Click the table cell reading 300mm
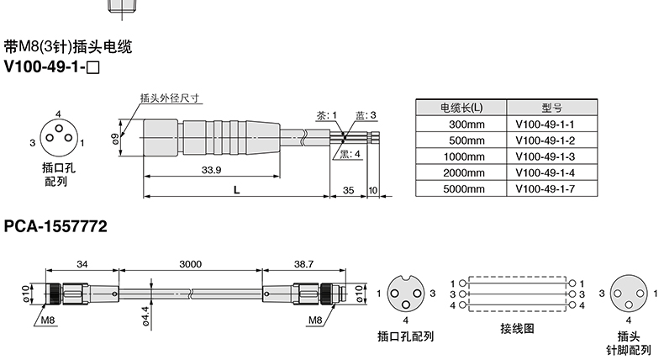[x=461, y=124]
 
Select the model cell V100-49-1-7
[x=551, y=188]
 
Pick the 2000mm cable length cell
[x=461, y=172]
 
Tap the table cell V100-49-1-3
[x=551, y=156]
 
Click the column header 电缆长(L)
[x=461, y=108]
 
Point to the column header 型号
[x=551, y=108]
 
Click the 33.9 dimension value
[x=211, y=170]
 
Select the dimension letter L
[x=237, y=190]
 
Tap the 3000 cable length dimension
[x=191, y=264]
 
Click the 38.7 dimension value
[x=303, y=264]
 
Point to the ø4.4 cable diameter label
[x=145, y=316]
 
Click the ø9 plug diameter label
[x=115, y=139]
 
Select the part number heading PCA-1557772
[x=55, y=226]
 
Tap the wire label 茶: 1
[x=326, y=115]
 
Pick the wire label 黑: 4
[x=350, y=154]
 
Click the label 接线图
[x=517, y=329]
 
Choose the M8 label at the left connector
[x=48, y=320]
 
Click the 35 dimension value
[x=348, y=190]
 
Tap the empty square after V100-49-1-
[x=92, y=68]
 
